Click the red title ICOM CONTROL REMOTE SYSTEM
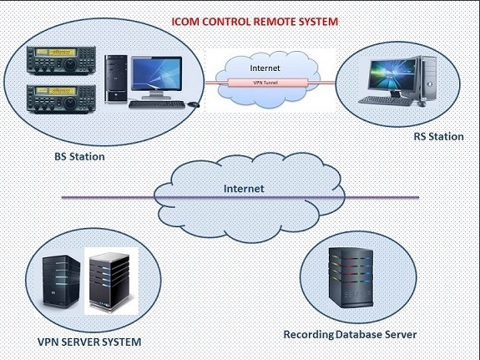pos(255,22)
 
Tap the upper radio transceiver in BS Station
pos(61,60)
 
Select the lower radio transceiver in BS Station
pos(61,99)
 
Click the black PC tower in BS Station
pos(116,79)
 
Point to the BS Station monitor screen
pos(157,74)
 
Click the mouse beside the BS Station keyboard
pos(194,104)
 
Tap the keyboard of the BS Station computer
pos(157,104)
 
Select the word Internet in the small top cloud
pos(265,68)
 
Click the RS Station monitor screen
pos(392,74)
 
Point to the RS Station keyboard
pos(386,101)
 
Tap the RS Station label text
pos(438,137)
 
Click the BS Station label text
pos(79,156)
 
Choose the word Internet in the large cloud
pos(244,189)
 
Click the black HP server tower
pos(61,281)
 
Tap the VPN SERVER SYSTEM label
pos(89,342)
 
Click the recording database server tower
pos(351,277)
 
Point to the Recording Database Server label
pos(350,334)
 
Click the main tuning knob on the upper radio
pos(70,64)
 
